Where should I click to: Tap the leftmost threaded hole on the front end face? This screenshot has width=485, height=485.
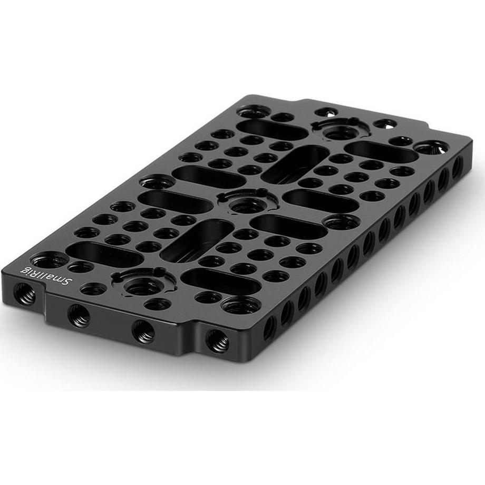click(x=23, y=294)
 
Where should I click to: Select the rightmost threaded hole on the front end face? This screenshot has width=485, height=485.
click(x=217, y=341)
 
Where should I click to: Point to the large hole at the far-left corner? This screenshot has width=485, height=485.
click(x=254, y=111)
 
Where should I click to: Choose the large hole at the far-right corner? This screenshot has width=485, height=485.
click(x=431, y=147)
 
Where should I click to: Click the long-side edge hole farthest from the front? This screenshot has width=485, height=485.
click(x=457, y=167)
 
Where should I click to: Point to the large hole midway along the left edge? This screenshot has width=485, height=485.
click(x=157, y=182)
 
